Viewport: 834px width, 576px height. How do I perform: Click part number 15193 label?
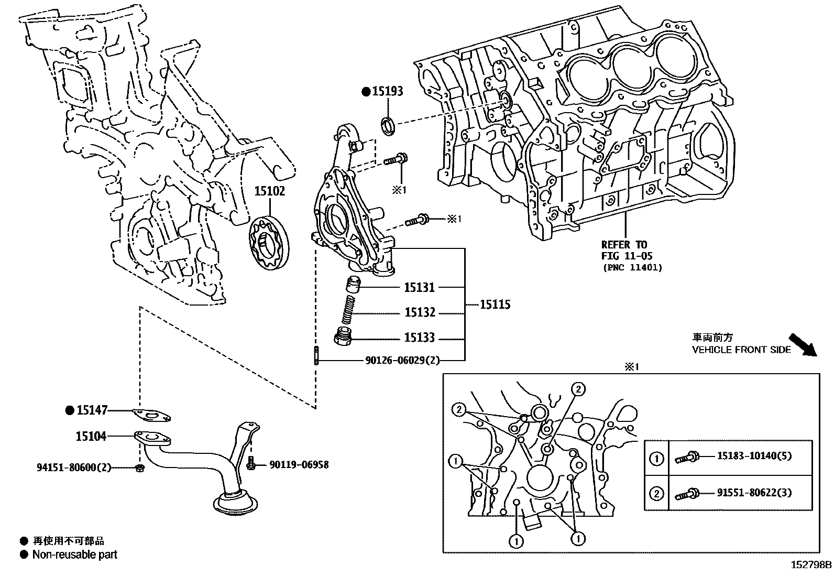tap(388, 91)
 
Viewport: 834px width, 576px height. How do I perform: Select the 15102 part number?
tap(270, 191)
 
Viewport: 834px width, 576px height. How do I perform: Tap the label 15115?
tap(495, 305)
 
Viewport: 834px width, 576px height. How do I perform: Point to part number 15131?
tap(419, 287)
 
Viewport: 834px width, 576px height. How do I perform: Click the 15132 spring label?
tap(420, 313)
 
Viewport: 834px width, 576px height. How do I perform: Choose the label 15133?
tap(419, 338)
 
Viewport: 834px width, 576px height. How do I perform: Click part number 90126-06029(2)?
tap(402, 361)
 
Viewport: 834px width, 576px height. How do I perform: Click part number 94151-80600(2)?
tap(74, 467)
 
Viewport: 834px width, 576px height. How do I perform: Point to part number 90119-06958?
tap(299, 464)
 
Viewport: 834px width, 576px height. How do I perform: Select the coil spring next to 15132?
tap(347, 310)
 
